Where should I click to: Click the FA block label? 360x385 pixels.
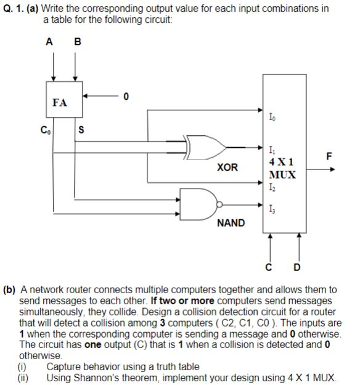[x=60, y=103]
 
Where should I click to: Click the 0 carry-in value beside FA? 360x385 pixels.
[x=126, y=96]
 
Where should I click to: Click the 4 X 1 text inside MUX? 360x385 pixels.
[x=281, y=161]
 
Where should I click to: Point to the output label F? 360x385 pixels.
[x=330, y=158]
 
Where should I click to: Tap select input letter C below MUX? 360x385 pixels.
[x=269, y=267]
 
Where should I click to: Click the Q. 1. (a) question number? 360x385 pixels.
[x=20, y=8]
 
